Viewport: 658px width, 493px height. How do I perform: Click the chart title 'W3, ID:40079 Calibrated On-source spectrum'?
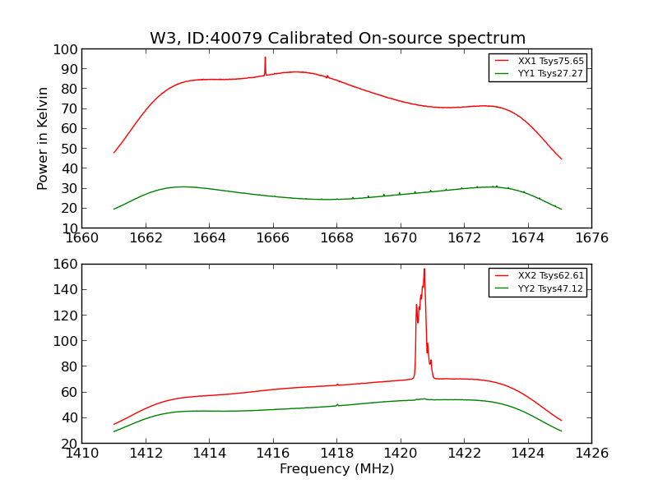337,39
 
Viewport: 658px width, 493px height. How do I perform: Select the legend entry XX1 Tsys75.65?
550,62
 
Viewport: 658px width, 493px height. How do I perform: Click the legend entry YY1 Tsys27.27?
550,74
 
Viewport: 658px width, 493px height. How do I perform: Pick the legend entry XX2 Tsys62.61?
550,276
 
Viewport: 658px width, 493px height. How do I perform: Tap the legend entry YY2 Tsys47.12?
550,289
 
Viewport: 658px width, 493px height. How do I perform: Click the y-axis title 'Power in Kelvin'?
43,138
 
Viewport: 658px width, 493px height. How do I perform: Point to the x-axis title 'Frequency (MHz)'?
336,469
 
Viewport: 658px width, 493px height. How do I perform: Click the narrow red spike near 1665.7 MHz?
265,58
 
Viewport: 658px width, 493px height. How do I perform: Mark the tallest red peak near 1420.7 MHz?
424,269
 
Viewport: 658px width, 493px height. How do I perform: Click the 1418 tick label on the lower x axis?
336,453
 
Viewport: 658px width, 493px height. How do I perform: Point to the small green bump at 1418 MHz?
337,404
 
